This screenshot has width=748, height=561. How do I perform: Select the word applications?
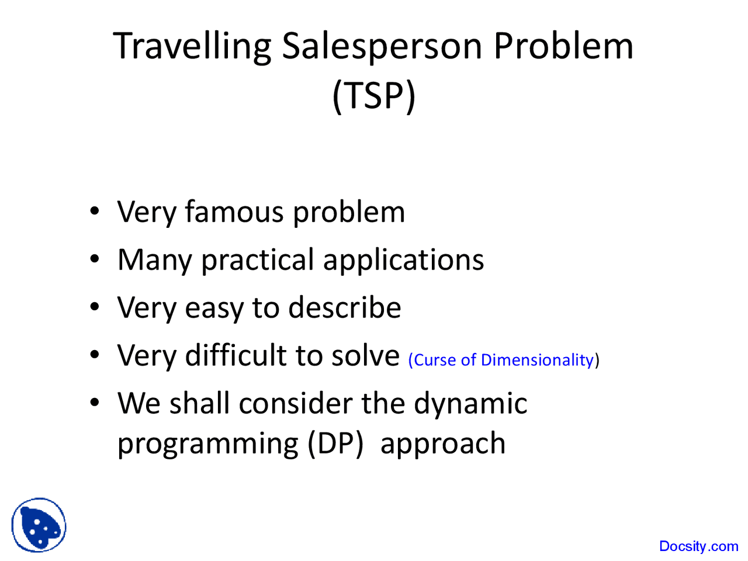click(403, 261)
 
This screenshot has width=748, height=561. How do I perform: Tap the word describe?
click(345, 307)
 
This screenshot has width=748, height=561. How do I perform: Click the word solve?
click(365, 355)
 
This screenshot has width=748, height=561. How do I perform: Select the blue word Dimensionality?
click(536, 360)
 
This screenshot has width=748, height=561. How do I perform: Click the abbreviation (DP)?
click(335, 444)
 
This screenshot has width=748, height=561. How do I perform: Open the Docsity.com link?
click(698, 546)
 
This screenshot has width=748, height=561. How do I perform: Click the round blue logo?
click(39, 525)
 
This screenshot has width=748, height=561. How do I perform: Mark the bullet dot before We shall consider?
click(95, 403)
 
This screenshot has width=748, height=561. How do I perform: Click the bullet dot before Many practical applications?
click(95, 259)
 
